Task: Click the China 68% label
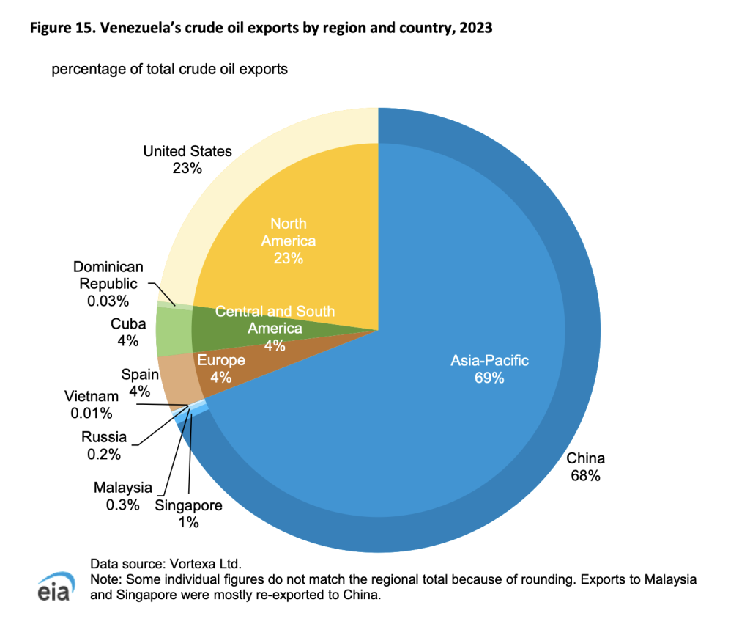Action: pos(586,467)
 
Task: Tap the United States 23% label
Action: pos(187,160)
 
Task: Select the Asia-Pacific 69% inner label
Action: pos(489,369)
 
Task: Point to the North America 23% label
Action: pos(289,240)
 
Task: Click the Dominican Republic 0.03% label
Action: pos(108,284)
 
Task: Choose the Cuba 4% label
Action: pos(128,331)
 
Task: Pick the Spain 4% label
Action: pos(139,383)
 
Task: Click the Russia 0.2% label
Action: pos(104,445)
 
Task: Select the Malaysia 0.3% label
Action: pos(123,496)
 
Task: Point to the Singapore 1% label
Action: pos(188,513)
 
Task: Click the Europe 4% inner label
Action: pos(221,369)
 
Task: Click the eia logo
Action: pos(54,587)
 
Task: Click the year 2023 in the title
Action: pos(472,30)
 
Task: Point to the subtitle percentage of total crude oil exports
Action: pos(169,70)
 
